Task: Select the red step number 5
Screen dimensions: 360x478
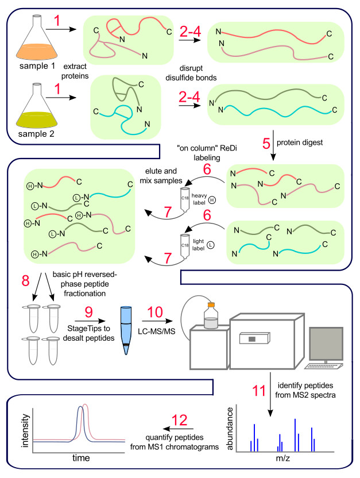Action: point(266,143)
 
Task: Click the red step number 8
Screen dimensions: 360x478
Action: point(26,280)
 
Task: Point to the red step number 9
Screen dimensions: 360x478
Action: point(88,312)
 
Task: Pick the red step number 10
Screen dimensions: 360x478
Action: point(155,312)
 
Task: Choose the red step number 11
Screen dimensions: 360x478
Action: point(259,391)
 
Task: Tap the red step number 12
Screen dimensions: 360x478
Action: point(179,421)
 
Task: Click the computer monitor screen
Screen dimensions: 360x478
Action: point(326,344)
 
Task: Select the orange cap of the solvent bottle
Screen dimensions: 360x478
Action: point(211,304)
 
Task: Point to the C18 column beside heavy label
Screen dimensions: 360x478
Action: point(185,200)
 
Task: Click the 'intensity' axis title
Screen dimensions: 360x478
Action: point(25,430)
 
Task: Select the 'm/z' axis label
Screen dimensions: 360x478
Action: point(283,458)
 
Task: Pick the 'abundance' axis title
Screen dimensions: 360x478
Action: point(230,429)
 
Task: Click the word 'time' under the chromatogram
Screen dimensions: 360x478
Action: point(81,457)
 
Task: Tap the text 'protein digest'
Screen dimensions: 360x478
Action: point(300,142)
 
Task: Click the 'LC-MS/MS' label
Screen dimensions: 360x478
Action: point(157,331)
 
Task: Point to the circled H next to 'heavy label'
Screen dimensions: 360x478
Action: point(212,201)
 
